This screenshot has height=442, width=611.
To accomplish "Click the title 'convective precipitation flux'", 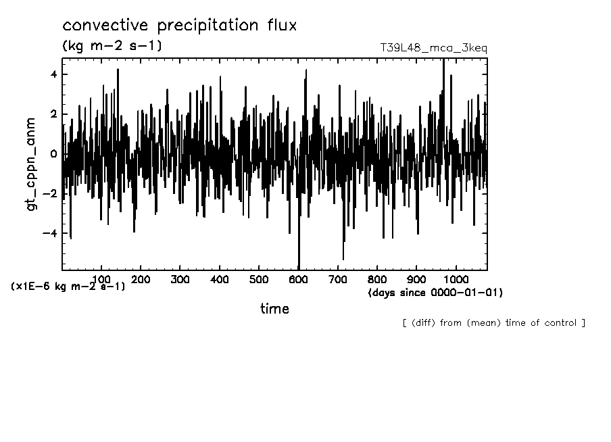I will (x=180, y=26).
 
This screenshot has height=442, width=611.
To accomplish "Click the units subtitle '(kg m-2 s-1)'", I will (x=112, y=46).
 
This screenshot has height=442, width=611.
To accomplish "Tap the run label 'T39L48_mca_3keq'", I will (x=433, y=48).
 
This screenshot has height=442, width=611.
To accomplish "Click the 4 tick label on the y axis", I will (x=53, y=74).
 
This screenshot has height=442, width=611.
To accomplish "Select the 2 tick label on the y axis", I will (x=53, y=114).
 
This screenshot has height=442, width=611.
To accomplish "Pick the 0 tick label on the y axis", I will (x=53, y=154).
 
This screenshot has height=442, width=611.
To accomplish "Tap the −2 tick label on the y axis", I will (x=50, y=194).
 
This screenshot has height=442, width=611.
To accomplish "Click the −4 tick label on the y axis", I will (x=50, y=234).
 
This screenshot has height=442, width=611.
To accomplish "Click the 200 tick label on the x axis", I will (x=141, y=279).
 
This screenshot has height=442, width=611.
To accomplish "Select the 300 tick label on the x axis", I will (x=180, y=279).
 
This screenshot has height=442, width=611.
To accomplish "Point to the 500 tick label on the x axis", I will (x=259, y=279).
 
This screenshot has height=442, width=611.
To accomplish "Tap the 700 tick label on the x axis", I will (x=338, y=279).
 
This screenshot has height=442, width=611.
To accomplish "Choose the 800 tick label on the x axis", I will (x=377, y=279).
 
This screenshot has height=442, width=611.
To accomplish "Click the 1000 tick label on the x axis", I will (x=456, y=279).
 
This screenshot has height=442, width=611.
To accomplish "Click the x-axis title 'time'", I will (x=274, y=309).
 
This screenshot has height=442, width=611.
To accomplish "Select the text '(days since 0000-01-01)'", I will (x=435, y=293).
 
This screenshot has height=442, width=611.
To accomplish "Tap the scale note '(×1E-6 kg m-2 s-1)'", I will (x=68, y=287).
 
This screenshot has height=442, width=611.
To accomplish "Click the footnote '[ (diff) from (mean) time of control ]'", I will (x=493, y=323).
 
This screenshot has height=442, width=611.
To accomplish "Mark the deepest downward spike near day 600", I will (x=299, y=267).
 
